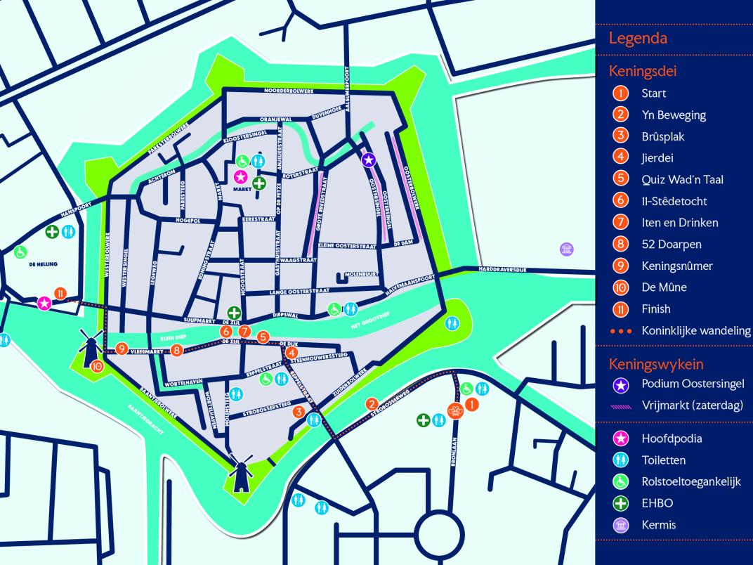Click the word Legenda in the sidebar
coord(638,38)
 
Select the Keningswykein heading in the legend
coord(656,364)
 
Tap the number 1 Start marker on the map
coord(472,404)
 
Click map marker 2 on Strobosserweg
coord(372,403)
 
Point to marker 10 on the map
coord(97,365)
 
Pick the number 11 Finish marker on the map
coord(61,294)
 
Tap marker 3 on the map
coord(299,412)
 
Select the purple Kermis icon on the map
coord(566,248)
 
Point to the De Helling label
coord(44,264)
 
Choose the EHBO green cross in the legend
coord(620,503)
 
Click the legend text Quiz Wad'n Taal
coord(682,179)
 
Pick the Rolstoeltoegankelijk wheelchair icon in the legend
coord(620,481)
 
